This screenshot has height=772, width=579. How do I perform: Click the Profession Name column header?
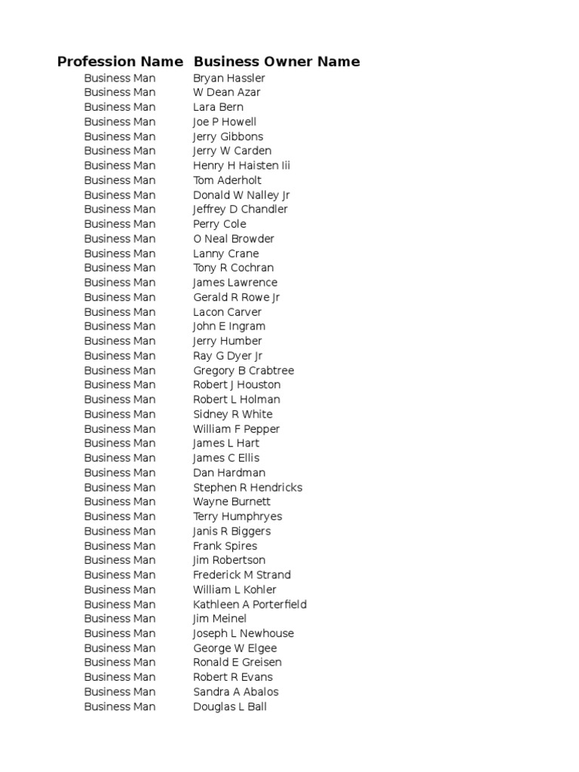click(120, 62)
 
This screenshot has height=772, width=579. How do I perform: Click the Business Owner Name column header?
click(277, 62)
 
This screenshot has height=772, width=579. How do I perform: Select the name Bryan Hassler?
click(229, 78)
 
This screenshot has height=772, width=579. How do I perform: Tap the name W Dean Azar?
click(227, 93)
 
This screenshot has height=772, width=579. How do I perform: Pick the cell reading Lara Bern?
click(218, 107)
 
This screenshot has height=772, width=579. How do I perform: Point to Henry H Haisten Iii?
click(241, 166)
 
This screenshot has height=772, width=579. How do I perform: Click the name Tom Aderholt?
click(227, 180)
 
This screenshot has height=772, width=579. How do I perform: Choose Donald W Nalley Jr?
click(241, 195)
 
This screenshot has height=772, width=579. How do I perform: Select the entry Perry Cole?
click(219, 224)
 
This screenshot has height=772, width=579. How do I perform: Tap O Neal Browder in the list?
click(234, 239)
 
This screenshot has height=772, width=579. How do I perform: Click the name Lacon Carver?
click(227, 312)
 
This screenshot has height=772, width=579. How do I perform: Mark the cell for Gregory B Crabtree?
click(244, 371)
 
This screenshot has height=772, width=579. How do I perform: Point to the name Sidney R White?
click(233, 415)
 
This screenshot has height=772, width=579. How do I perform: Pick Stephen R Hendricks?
click(247, 488)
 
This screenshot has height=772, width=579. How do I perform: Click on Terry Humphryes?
click(237, 516)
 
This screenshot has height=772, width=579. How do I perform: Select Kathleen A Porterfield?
click(250, 605)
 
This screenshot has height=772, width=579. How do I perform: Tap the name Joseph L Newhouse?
click(244, 633)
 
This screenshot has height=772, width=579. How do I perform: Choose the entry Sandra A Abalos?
click(235, 692)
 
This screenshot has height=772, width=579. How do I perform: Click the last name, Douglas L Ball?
click(230, 707)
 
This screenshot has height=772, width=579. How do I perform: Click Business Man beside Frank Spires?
click(120, 546)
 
